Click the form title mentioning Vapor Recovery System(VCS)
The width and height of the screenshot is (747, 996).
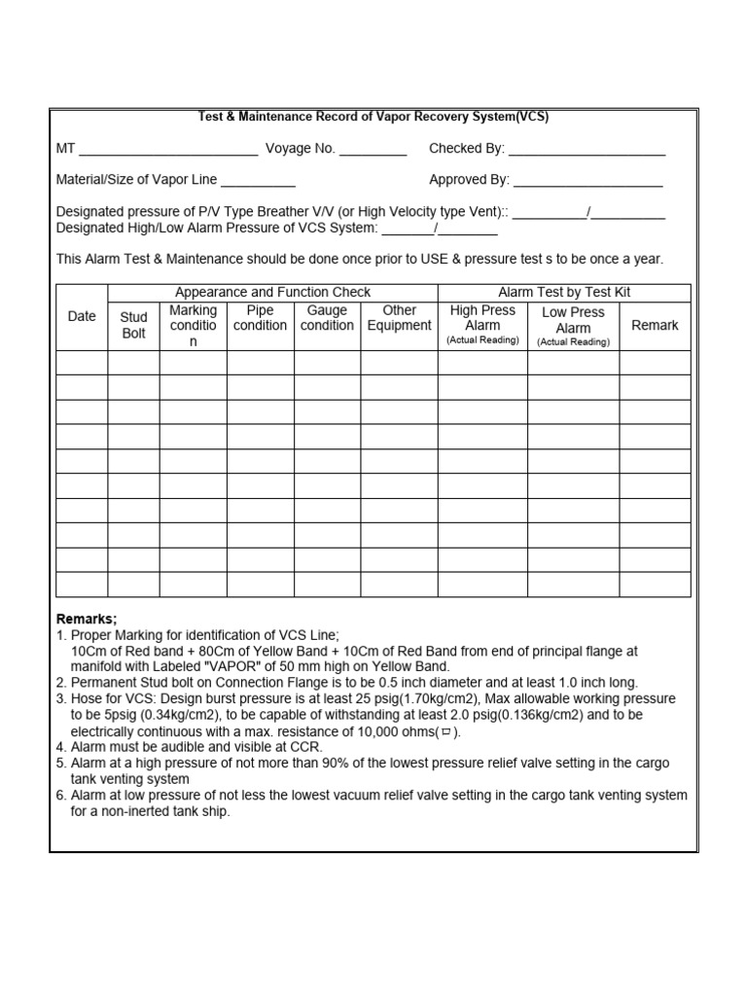coord(373,117)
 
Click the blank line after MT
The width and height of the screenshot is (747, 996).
coord(168,152)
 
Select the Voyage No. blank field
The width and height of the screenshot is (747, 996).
coord(373,152)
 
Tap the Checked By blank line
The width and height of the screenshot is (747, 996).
coord(587,152)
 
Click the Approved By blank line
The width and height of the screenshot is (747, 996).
coord(587,183)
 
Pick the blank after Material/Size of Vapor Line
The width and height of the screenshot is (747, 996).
coord(258,183)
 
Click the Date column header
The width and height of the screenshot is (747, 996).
coord(82,316)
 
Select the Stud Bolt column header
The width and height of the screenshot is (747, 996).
coord(133,325)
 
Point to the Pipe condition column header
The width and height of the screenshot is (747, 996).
coord(260,318)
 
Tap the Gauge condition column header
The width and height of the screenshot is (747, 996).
coord(327,318)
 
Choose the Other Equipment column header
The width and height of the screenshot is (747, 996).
coord(399,318)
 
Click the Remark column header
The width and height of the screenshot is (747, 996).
coord(655,325)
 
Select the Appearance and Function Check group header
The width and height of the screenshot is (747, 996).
coord(272,292)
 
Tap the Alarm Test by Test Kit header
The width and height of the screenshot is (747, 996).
coord(564,292)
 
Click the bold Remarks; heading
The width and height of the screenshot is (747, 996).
coord(87,620)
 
